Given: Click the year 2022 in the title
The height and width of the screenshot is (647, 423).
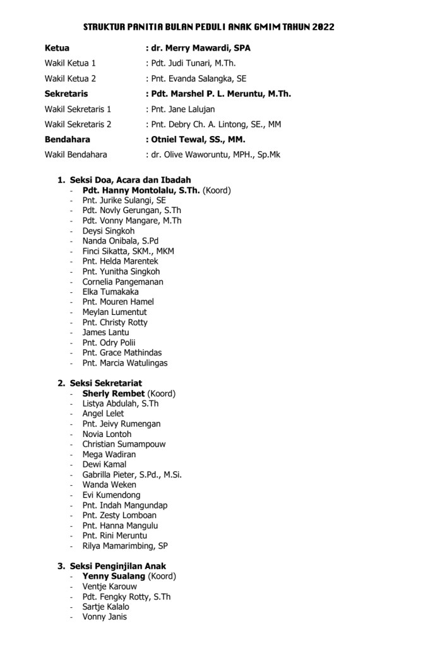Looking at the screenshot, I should (x=321, y=27).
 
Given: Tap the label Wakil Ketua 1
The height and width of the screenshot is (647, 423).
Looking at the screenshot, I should (x=70, y=63).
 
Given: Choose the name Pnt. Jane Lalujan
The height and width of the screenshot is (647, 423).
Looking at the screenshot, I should (x=182, y=109).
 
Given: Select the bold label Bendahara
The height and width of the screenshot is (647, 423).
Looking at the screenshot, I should (x=67, y=139).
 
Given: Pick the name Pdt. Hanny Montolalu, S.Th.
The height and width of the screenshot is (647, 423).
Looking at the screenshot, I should (x=141, y=190).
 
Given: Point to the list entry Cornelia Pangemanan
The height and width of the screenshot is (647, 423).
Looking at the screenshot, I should (x=122, y=281).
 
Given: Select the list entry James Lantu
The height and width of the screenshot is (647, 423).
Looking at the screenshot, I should (x=105, y=332).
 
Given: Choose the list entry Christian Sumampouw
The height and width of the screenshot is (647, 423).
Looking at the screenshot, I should (x=124, y=444).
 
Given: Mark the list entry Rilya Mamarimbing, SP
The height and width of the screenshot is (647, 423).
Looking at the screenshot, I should (x=124, y=546).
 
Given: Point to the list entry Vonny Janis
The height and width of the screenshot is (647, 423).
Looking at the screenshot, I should (x=104, y=617).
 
